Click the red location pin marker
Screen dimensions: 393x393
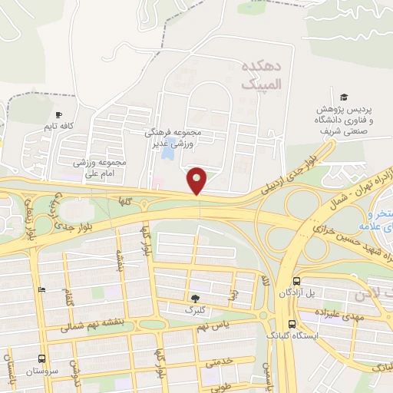pyautogui.click(x=197, y=180)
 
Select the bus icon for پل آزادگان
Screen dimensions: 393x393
pyautogui.click(x=296, y=282)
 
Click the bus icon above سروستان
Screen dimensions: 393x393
pyautogui.click(x=41, y=358)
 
